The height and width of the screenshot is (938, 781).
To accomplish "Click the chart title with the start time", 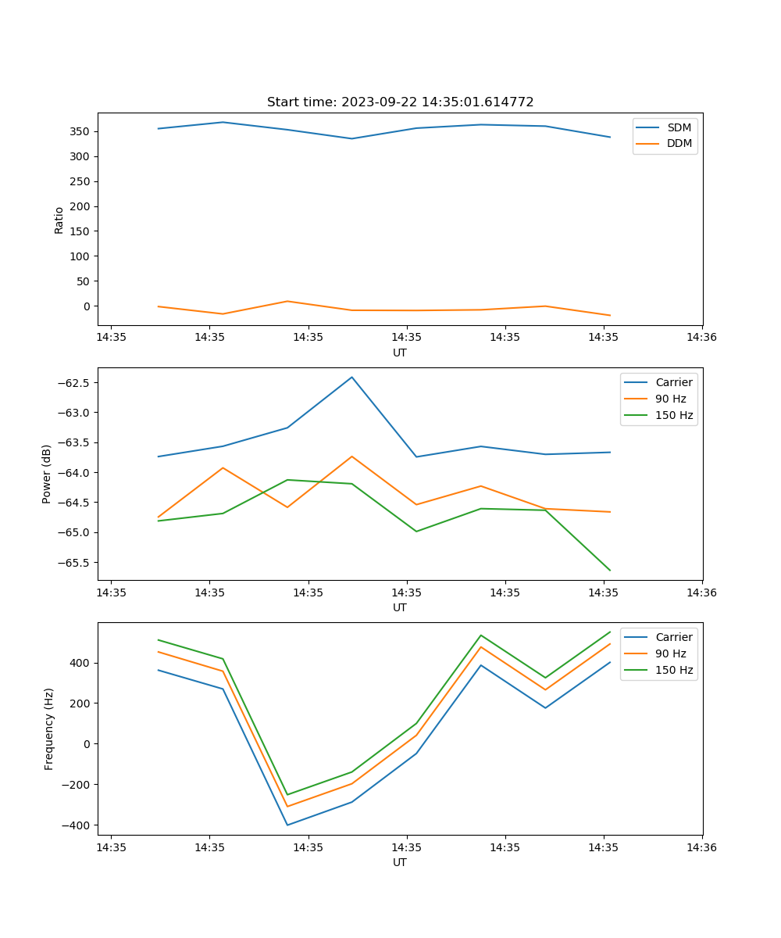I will pos(400,102).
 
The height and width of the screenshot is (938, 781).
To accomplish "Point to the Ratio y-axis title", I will pos(59,220).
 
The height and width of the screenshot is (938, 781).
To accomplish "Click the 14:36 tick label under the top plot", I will pos(701,337).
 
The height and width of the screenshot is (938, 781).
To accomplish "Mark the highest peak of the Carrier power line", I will pos(351,377).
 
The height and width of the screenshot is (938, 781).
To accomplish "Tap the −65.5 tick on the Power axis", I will pos(74,563).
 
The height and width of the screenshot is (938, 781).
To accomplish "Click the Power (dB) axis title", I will pos(47,474).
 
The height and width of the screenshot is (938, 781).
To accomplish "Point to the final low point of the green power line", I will pos(610,571).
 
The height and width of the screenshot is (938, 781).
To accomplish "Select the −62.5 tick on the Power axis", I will pos(74,383).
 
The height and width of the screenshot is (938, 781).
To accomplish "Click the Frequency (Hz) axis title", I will pos(48,729).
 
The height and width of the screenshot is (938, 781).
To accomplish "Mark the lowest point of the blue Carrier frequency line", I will pos(287,825).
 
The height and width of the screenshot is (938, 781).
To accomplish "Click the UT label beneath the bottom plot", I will pos(400,862).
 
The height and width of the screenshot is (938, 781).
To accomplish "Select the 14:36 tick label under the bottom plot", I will pos(701,847).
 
